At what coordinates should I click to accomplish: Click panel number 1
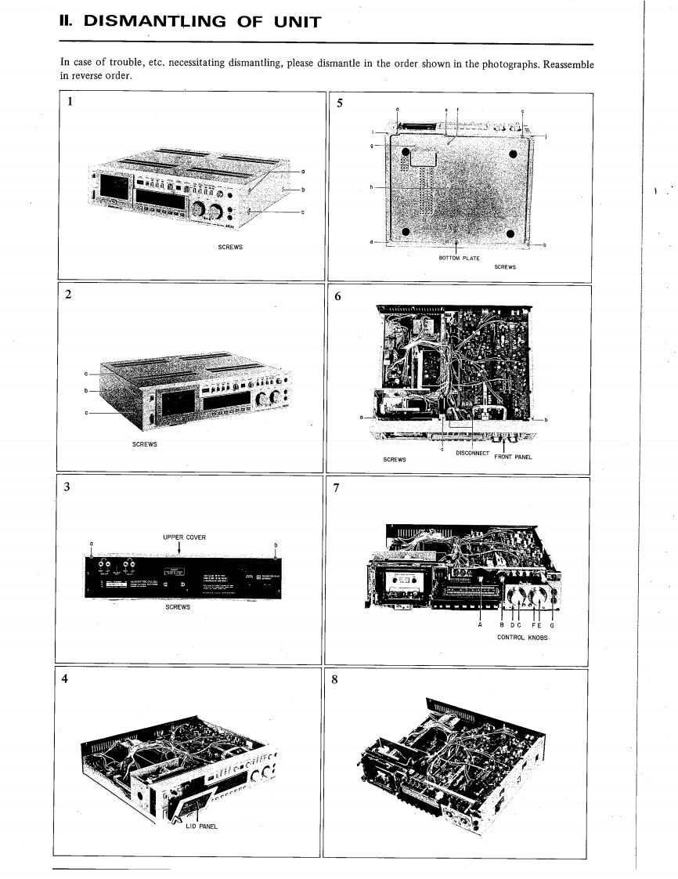(71, 101)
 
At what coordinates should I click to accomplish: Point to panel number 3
(68, 487)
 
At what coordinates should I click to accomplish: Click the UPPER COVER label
(184, 537)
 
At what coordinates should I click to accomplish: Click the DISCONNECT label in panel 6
(472, 453)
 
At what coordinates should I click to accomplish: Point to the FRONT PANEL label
(514, 458)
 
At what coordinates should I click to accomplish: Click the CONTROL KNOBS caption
(525, 638)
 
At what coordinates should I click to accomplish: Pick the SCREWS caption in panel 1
(229, 248)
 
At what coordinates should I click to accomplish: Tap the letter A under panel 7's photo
(480, 624)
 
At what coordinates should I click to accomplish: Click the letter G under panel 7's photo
(555, 624)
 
